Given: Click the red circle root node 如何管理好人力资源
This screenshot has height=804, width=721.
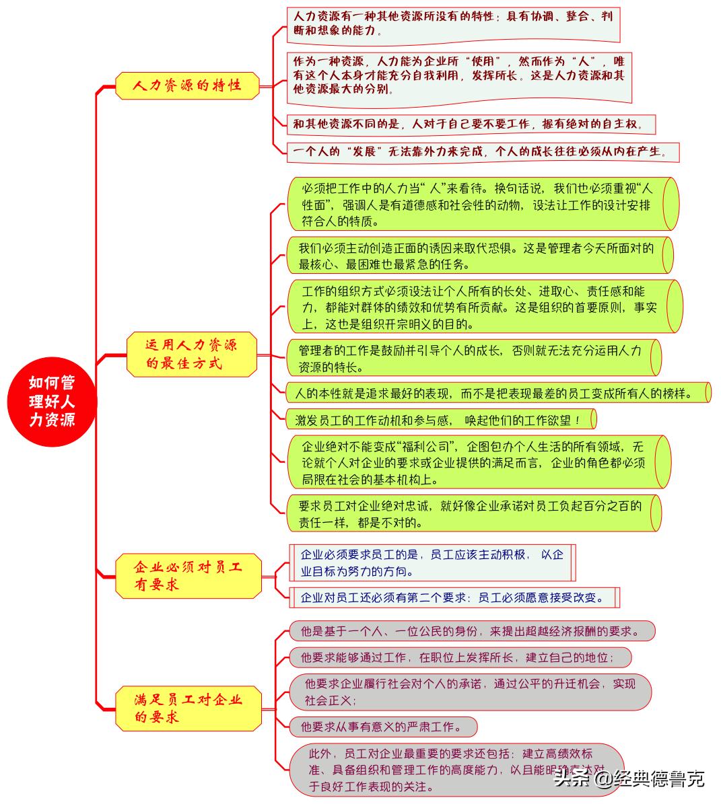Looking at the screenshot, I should pyautogui.click(x=52, y=402).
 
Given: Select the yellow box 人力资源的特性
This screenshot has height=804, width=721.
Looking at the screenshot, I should pyautogui.click(x=187, y=86).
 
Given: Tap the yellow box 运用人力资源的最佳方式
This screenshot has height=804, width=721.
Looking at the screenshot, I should pyautogui.click(x=192, y=354).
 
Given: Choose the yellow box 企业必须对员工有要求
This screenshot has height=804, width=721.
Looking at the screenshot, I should pyautogui.click(x=188, y=576).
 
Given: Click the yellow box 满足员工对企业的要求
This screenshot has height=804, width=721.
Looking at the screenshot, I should pyautogui.click(x=188, y=708).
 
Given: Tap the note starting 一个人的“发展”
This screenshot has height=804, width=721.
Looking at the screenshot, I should pyautogui.click(x=482, y=152).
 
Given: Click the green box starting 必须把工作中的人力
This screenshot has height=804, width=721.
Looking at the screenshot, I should pyautogui.click(x=478, y=204).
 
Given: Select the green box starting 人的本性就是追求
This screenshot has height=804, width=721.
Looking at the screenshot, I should pyautogui.click(x=495, y=393).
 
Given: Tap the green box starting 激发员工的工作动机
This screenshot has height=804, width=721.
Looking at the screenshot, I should pyautogui.click(x=440, y=420).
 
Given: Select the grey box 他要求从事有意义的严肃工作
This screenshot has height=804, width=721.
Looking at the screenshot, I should pyautogui.click(x=382, y=727).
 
